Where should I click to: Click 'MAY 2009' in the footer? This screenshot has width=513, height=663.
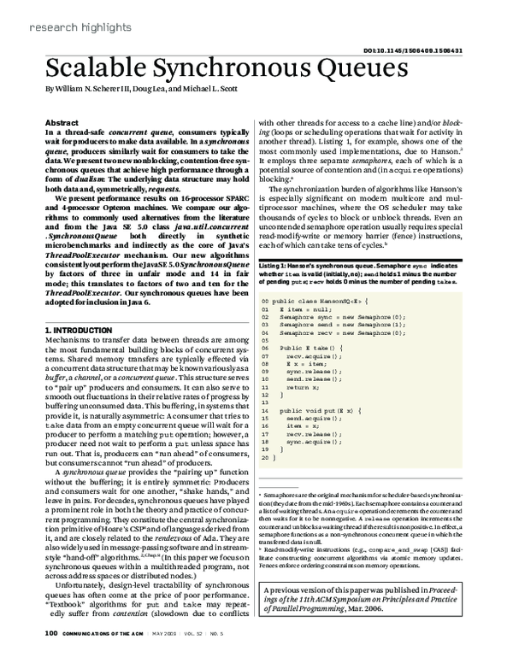(x=177, y=655)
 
